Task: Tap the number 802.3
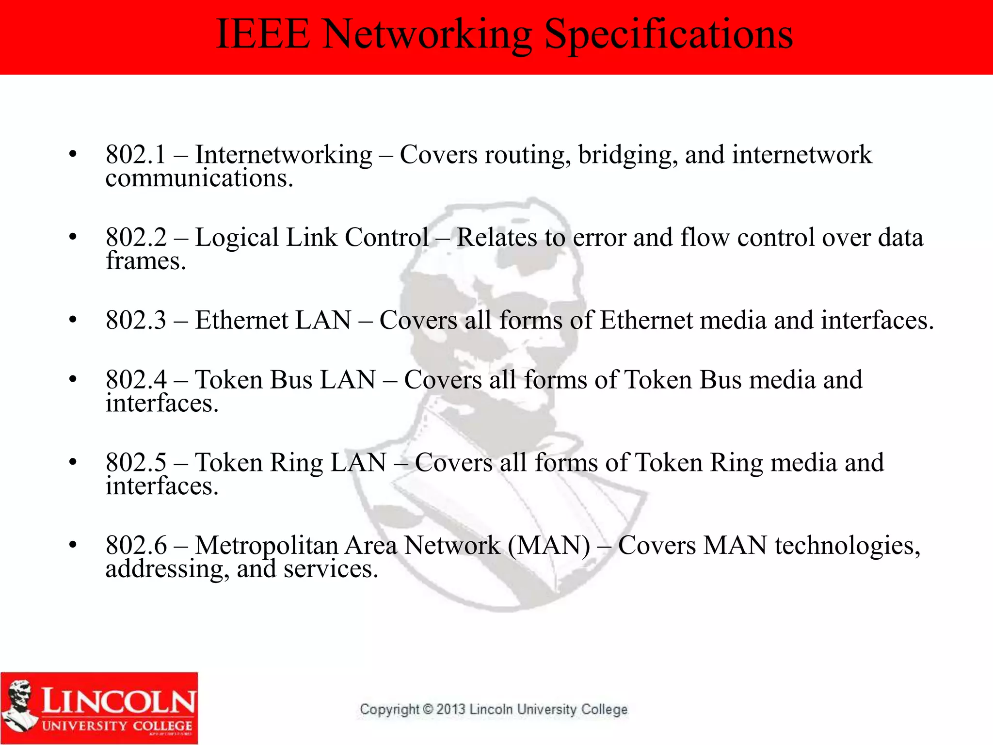(136, 321)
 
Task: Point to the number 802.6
(136, 546)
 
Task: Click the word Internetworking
(284, 155)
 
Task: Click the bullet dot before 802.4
(73, 379)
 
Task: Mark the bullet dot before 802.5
(73, 462)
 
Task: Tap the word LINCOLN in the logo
(118, 701)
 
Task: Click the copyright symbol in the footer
(428, 710)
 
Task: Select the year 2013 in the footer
(451, 710)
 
